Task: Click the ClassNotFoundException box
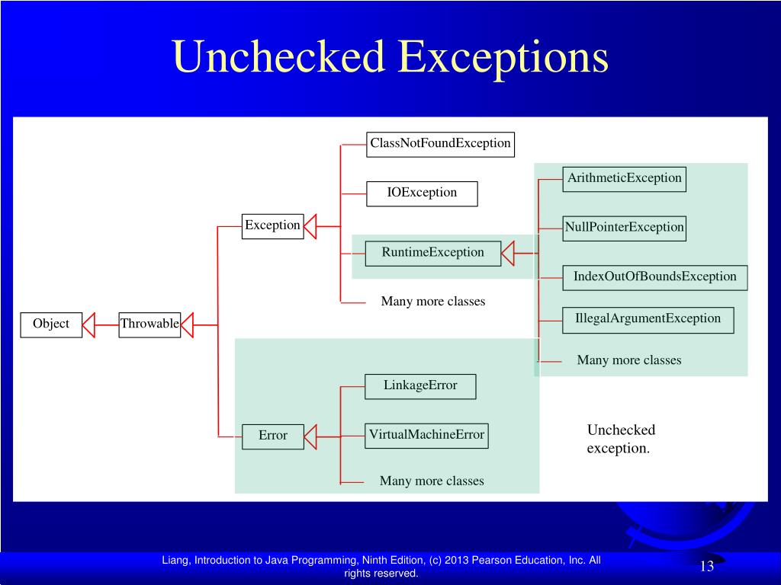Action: point(440,143)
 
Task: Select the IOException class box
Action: point(422,193)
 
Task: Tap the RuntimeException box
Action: point(433,252)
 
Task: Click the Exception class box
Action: point(272,225)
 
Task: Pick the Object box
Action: point(51,324)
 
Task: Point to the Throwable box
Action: point(149,324)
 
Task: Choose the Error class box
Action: point(273,436)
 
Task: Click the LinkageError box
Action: point(420,385)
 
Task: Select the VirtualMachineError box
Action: point(426,435)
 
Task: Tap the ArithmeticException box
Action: point(624,178)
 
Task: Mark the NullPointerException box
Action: point(624,228)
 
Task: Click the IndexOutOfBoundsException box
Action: point(654,277)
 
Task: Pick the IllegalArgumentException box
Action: point(648,319)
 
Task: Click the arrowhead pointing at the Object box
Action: point(88,324)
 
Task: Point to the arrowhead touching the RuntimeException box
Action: point(509,252)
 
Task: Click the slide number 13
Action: point(706,566)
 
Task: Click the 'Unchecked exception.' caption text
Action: point(620,439)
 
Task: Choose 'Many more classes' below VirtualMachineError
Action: point(432,481)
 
